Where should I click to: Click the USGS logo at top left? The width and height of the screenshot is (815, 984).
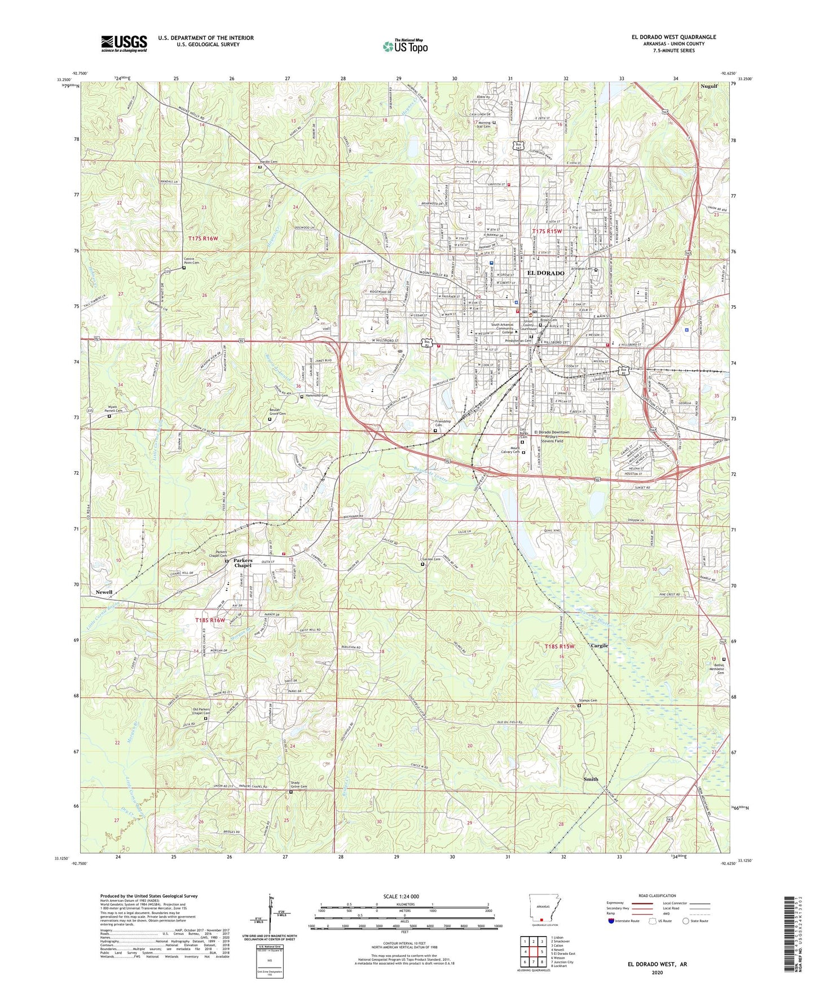pos(124,43)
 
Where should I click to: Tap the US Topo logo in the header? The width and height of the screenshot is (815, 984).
pos(405,47)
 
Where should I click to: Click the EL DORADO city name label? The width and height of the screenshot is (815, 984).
pos(545,273)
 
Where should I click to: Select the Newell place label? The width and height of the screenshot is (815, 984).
pos(104,592)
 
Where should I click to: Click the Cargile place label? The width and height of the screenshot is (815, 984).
pos(599,646)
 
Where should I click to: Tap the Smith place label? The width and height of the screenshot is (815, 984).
pos(591,779)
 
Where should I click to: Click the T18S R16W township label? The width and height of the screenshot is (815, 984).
pos(210,620)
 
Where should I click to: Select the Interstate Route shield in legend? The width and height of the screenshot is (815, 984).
pos(612,921)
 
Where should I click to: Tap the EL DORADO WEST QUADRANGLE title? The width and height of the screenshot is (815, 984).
pos(673,37)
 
